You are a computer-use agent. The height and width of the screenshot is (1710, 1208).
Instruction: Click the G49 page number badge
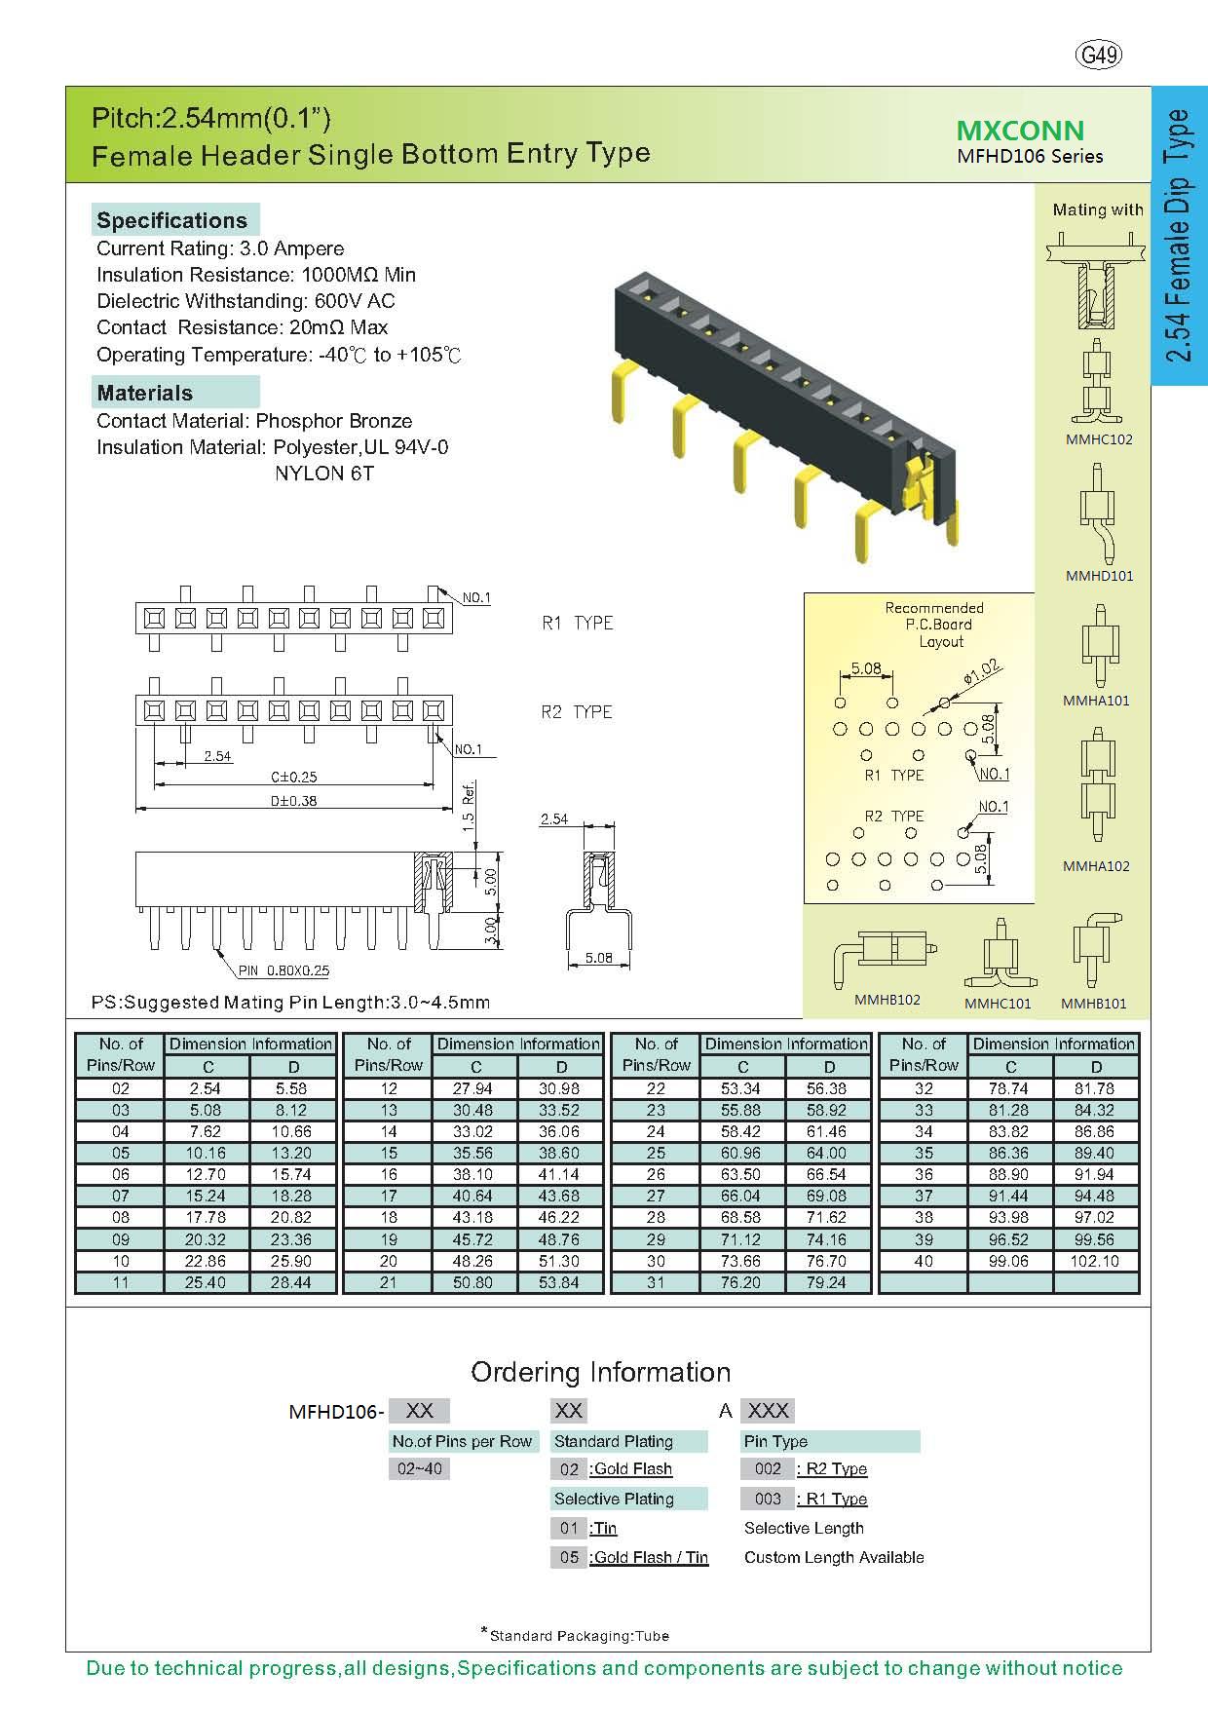point(1100,56)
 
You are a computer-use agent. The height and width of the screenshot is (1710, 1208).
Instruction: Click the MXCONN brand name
point(1020,131)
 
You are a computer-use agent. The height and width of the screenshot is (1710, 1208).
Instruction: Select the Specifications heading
point(172,220)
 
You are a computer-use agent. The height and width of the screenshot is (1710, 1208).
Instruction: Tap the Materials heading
point(144,393)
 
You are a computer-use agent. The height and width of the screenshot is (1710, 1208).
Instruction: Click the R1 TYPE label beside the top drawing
point(577,623)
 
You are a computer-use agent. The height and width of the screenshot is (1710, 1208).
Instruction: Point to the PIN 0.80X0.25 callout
point(283,970)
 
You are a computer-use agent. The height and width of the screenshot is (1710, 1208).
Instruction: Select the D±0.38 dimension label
point(294,801)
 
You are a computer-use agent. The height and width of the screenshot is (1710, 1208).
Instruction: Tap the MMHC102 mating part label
point(1099,439)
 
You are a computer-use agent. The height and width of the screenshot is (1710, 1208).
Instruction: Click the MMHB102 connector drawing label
point(887,1000)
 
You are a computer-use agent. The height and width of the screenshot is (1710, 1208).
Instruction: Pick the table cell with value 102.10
point(1094,1261)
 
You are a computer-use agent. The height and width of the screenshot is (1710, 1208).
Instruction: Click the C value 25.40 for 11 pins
point(206,1282)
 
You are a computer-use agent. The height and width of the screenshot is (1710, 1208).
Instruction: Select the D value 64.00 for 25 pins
point(826,1153)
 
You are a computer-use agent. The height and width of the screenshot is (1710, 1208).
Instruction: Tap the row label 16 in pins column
point(388,1174)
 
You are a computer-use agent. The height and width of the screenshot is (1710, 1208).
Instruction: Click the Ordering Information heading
point(600,1372)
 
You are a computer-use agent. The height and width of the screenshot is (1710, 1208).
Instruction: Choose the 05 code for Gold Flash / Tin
point(569,1557)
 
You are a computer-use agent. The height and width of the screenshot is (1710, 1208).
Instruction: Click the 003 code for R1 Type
point(768,1499)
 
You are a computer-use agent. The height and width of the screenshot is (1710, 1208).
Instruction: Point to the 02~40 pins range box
point(419,1468)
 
